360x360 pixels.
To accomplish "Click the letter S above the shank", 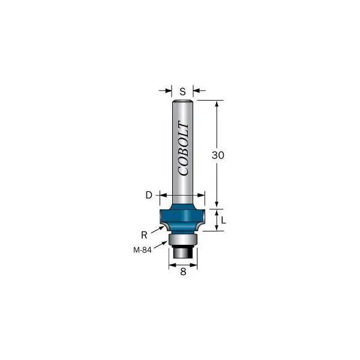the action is coord(182,92).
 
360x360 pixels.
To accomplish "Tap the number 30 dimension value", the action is coord(218,155).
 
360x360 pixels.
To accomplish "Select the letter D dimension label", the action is coord(149,195).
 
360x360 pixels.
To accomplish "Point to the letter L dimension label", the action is coord(223,220).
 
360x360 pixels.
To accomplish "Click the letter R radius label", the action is coord(144,235).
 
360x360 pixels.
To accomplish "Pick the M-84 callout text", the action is coord(142,250).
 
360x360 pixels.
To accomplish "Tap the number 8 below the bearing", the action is coord(183,272).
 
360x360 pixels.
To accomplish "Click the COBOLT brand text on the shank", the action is coord(184,149).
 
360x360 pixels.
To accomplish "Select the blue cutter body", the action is coord(182,218).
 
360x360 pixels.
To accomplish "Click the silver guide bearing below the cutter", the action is coord(183,240).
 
